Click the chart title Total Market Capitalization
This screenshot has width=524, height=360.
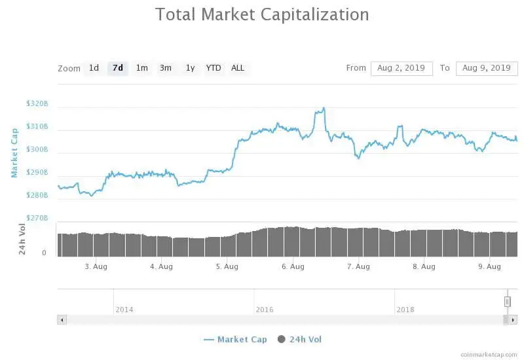[x=262, y=14]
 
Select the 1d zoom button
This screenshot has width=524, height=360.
[x=94, y=68]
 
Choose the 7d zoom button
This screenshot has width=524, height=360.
[x=118, y=68]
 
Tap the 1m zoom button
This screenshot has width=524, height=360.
[x=141, y=68]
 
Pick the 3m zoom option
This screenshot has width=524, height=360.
[x=166, y=68]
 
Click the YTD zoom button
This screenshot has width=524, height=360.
[x=214, y=68]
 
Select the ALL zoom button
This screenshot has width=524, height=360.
[x=238, y=68]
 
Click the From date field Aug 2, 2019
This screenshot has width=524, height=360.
[x=402, y=68]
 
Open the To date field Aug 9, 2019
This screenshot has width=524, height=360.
[x=486, y=68]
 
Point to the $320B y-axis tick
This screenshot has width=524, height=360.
[x=37, y=103]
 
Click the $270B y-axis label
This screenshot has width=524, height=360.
[x=37, y=218]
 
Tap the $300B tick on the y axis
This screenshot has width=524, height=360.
[x=37, y=149]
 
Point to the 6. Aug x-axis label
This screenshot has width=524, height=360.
[x=293, y=266]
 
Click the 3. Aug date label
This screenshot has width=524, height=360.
[x=96, y=266]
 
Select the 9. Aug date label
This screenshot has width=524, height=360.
[x=489, y=266]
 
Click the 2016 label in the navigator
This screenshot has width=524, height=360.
[x=265, y=309]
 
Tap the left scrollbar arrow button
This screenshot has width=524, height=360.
[x=62, y=320]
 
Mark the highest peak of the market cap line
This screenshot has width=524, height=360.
[x=322, y=109]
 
